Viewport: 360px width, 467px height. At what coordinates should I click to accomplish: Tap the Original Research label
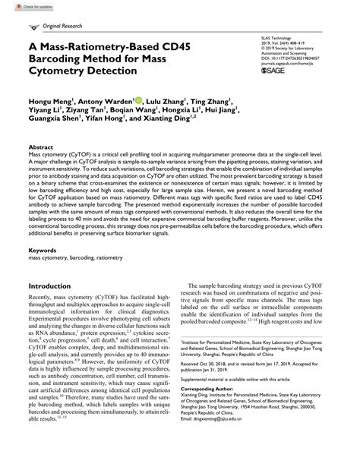(x=61, y=26)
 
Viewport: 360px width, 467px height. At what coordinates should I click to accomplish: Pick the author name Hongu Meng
(x=50, y=99)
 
